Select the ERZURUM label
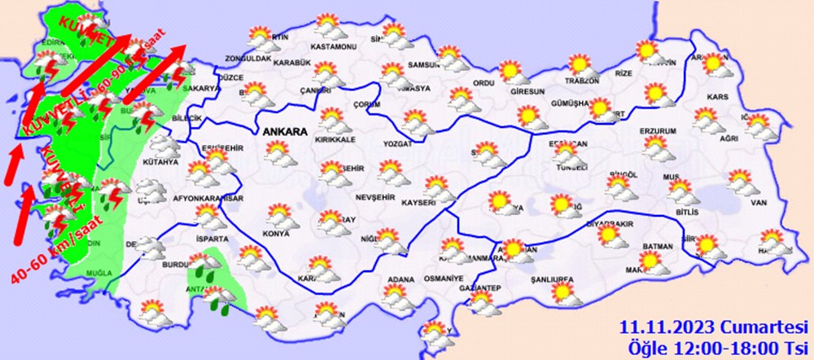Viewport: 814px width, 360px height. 656,131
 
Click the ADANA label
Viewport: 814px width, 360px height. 400,280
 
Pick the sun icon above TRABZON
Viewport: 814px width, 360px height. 580,64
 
